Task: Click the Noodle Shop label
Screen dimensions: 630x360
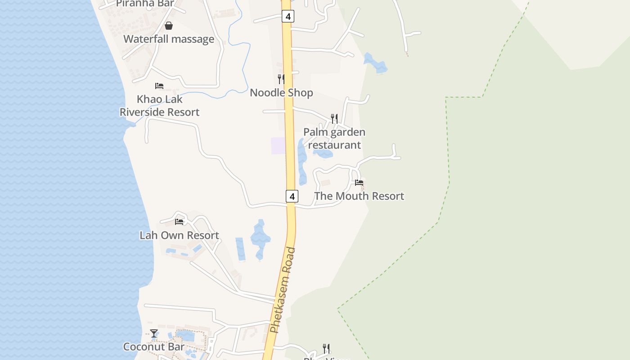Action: coord(281,93)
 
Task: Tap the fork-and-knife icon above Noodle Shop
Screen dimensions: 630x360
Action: coord(281,79)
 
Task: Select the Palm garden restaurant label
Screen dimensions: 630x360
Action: coord(334,139)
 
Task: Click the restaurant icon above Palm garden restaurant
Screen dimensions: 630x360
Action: coord(334,119)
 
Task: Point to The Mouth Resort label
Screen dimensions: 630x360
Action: coord(359,196)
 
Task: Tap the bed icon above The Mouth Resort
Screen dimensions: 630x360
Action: coord(359,183)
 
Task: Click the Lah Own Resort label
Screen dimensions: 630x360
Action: coord(179,235)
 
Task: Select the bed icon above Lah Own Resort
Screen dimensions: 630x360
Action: coord(179,222)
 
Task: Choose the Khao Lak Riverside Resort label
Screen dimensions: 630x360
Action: coord(159,106)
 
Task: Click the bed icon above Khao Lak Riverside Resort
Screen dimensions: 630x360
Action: coord(159,86)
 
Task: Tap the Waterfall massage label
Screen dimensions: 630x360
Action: coord(169,39)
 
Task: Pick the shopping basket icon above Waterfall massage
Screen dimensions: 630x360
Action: coord(169,26)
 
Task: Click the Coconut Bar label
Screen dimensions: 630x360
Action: coord(154,347)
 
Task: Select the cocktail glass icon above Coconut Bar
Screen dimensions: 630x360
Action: coord(154,333)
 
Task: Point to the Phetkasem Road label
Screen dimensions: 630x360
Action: coord(283,290)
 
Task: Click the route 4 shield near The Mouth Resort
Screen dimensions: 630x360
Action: coord(292,196)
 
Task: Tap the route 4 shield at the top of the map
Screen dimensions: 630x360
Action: coord(288,17)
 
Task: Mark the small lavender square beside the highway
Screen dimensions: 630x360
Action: coord(278,146)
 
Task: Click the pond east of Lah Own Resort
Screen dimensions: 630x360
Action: coord(260,238)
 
